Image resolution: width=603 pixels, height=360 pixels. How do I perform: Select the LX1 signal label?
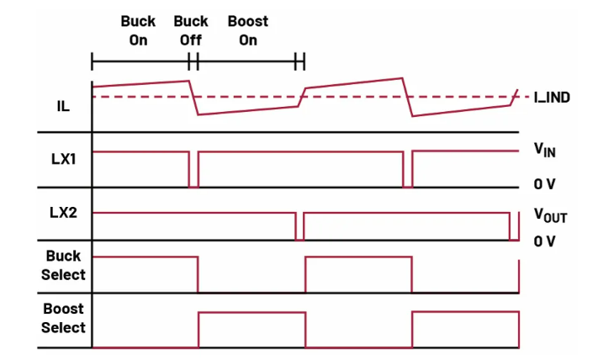[x=63, y=158]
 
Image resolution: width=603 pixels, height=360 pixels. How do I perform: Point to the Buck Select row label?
[x=64, y=265]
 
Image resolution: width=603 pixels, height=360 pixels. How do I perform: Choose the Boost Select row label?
[x=64, y=319]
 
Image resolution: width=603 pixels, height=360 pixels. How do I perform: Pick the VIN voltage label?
[x=545, y=152]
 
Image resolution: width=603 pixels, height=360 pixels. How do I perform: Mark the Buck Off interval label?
[x=191, y=30]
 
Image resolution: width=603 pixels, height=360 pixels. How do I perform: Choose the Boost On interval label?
[x=247, y=30]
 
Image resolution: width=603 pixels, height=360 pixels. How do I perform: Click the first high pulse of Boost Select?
[x=251, y=313]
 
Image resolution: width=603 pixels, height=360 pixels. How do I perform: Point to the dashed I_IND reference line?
[x=353, y=98]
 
